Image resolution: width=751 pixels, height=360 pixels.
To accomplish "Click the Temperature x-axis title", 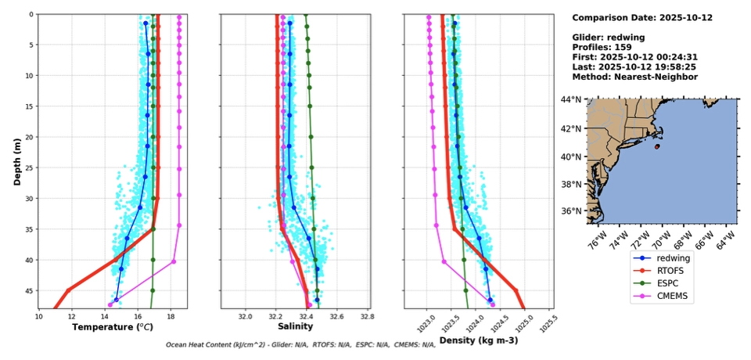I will click(113, 327).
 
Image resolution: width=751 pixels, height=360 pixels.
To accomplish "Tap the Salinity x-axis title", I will click(296, 326).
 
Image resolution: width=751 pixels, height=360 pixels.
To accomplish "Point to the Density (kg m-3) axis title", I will click(478, 340).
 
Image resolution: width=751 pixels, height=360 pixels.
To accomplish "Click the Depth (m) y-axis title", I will click(17, 160).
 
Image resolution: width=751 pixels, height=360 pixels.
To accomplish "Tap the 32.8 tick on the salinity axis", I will click(366, 316).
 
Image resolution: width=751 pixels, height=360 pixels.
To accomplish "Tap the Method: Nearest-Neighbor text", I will click(634, 77).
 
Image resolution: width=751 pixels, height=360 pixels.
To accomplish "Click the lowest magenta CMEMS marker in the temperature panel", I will click(110, 304).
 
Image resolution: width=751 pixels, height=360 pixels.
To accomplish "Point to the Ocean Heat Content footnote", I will click(300, 344).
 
